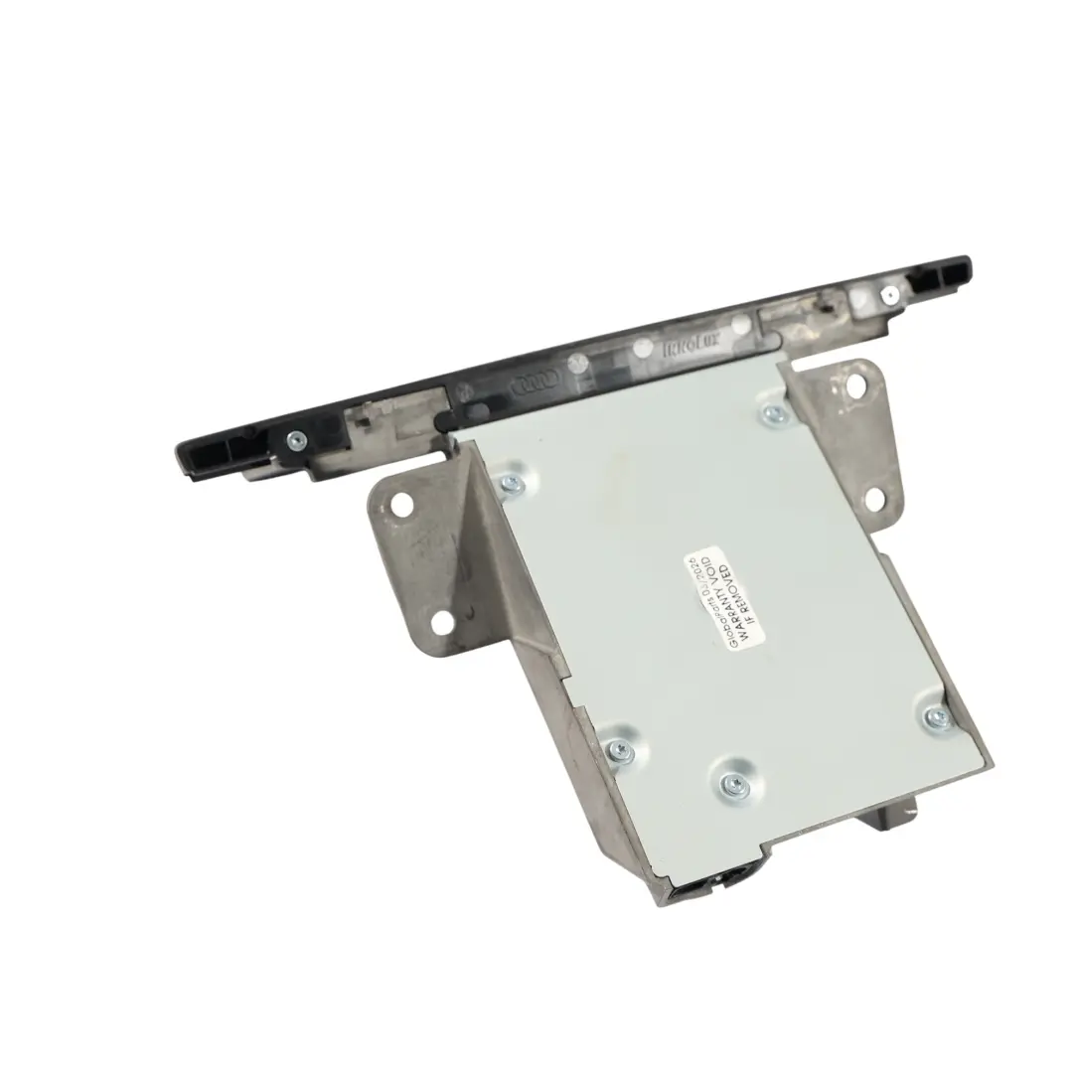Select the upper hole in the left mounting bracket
point(401,505)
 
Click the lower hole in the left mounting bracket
point(442,623)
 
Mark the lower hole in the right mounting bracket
point(875,498)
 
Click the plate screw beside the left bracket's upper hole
point(513,484)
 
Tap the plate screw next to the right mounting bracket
point(776,413)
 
